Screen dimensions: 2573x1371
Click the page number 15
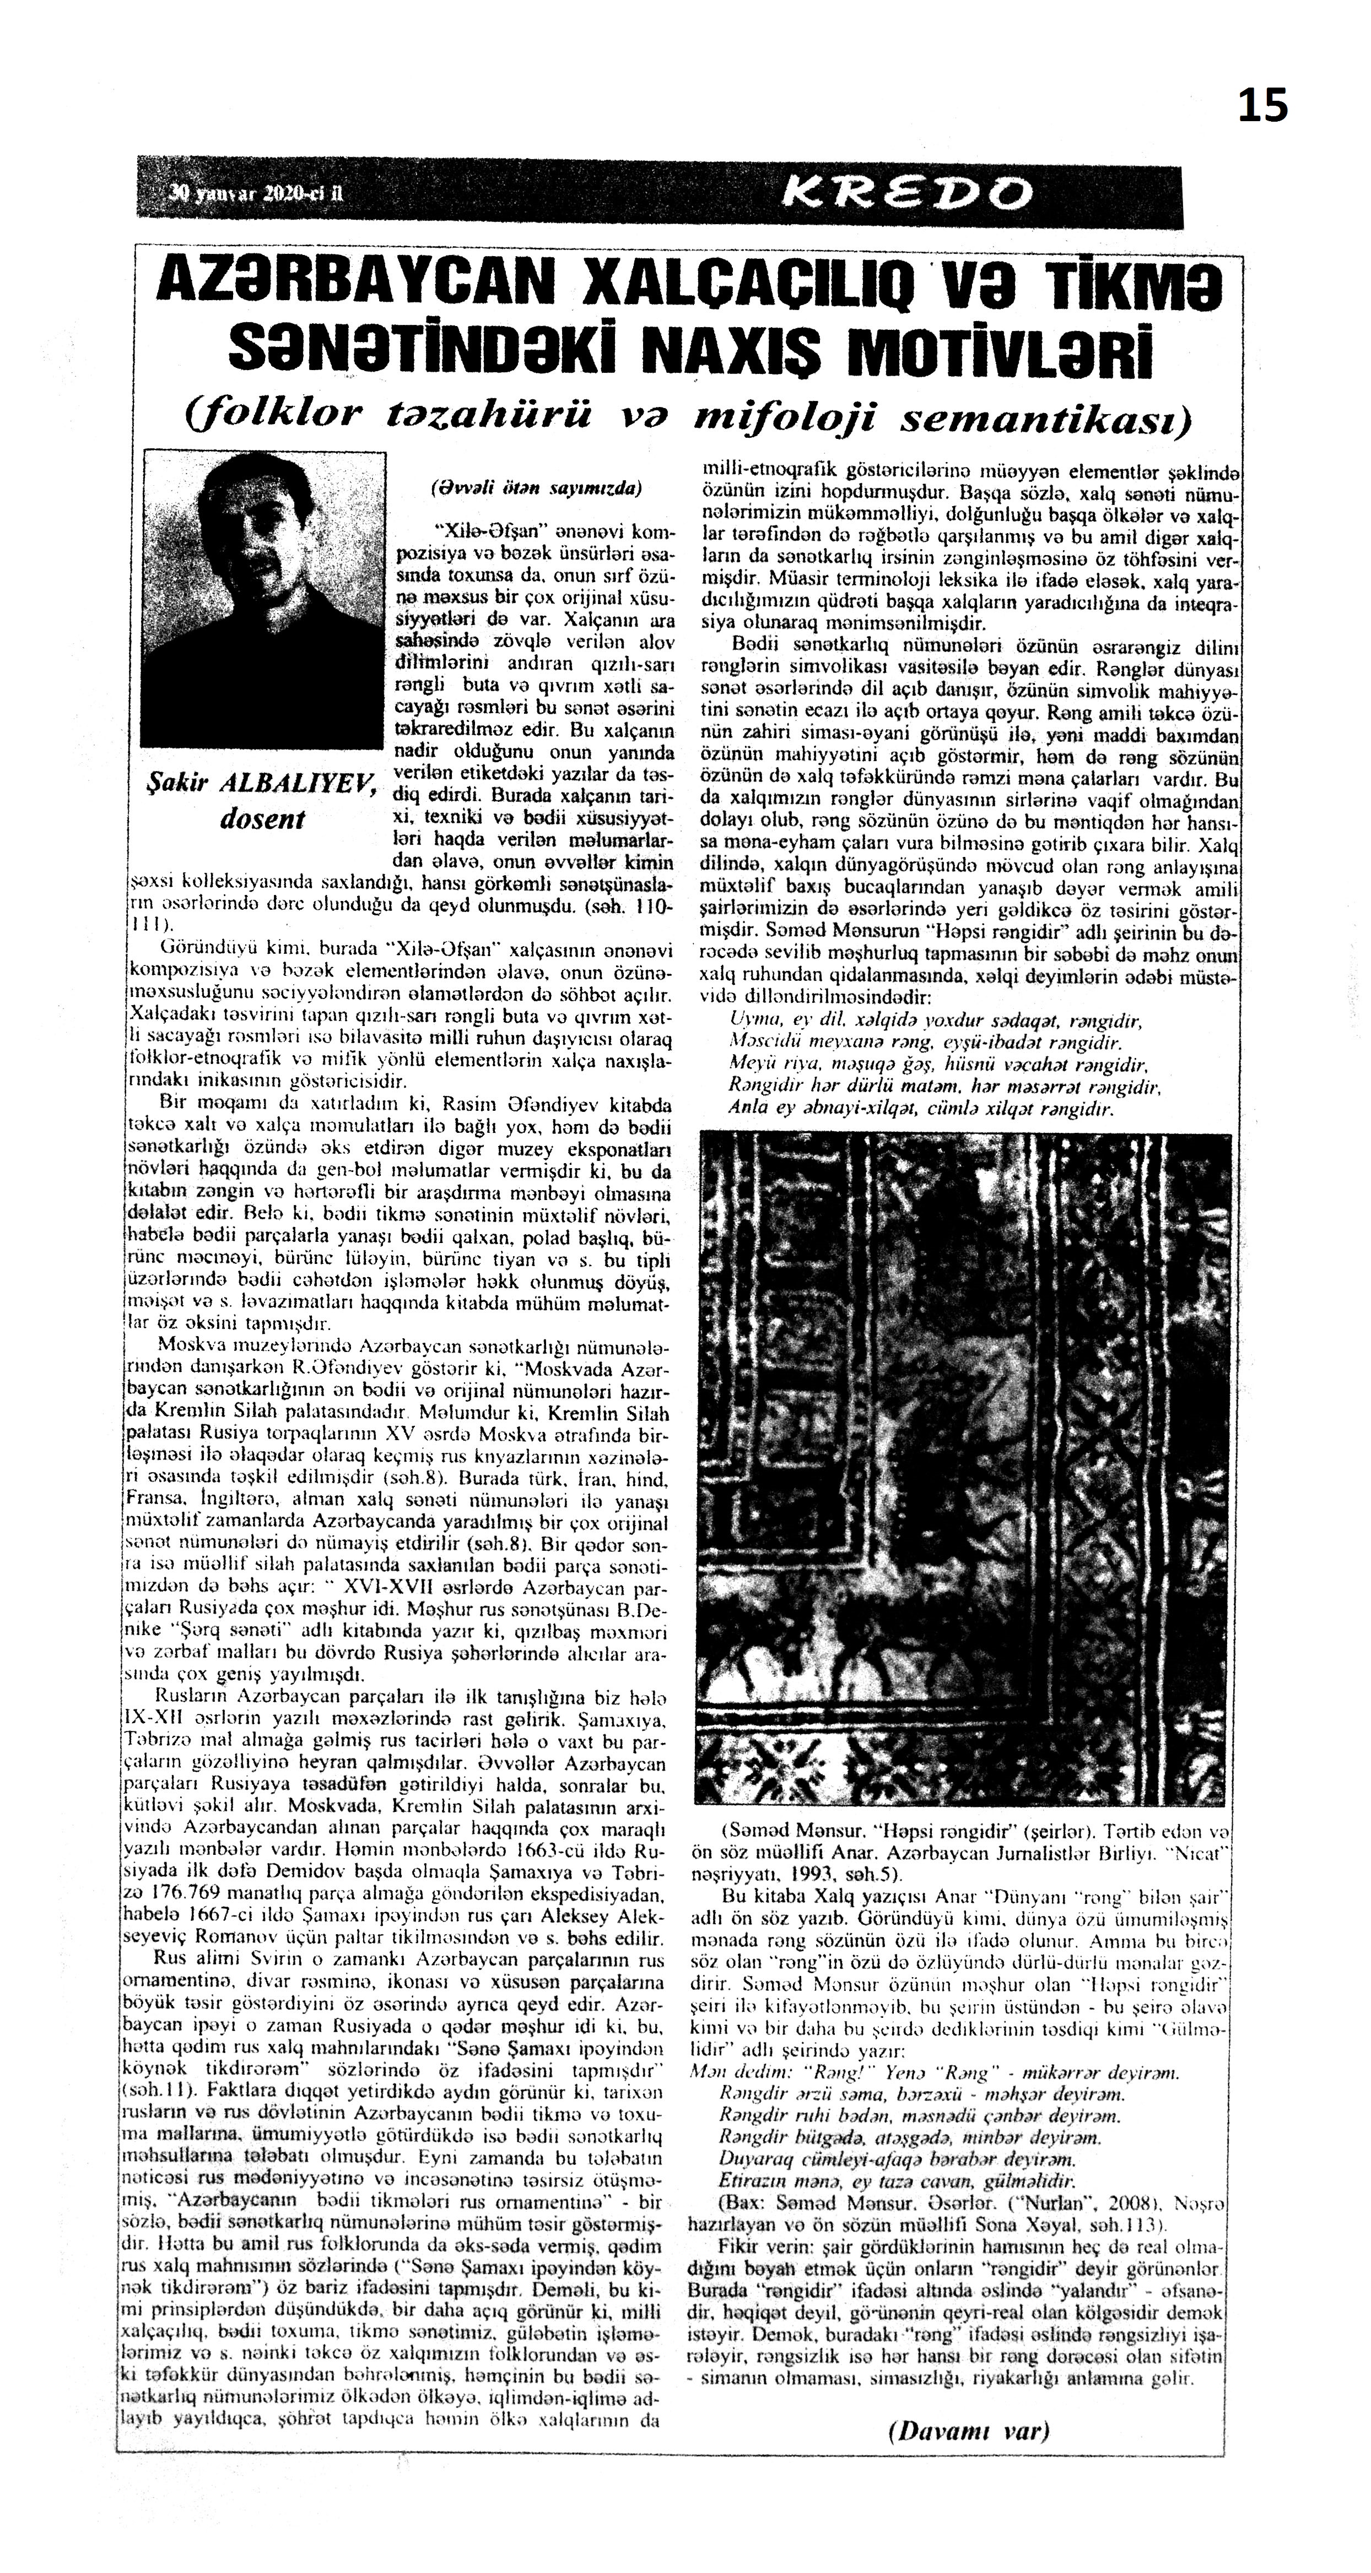[1263, 105]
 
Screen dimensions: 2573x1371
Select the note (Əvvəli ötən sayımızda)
[536, 490]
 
